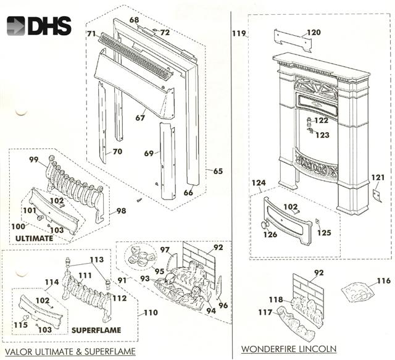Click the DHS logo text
(x=49, y=25)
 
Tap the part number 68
(x=134, y=20)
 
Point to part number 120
(x=314, y=32)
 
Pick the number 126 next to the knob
(x=270, y=234)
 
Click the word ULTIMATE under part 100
(x=34, y=238)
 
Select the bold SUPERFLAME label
(x=96, y=330)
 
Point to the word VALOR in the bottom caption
(x=19, y=351)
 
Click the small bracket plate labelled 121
(x=379, y=196)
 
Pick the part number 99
(x=34, y=160)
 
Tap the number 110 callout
(x=151, y=312)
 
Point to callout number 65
(x=218, y=171)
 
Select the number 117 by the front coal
(x=265, y=312)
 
